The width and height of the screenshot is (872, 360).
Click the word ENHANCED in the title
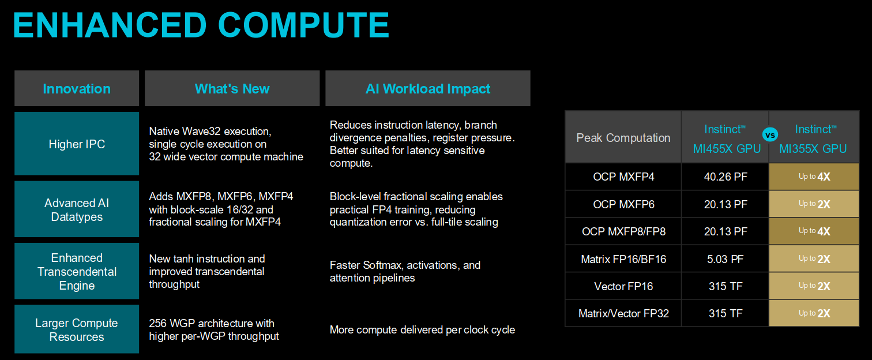(x=110, y=25)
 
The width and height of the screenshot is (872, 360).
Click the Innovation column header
(x=77, y=88)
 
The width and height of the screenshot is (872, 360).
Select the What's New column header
(x=232, y=88)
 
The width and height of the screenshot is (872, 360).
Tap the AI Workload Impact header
(x=428, y=88)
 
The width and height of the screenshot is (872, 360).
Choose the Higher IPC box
(x=77, y=144)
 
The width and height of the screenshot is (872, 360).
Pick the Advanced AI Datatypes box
(x=77, y=209)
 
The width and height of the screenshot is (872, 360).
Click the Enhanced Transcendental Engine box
(x=77, y=271)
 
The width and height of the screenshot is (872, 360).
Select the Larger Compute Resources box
(x=77, y=329)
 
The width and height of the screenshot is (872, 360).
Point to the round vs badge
(x=770, y=135)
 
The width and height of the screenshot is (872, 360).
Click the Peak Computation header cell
(x=623, y=137)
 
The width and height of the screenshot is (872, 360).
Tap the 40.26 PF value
(x=726, y=177)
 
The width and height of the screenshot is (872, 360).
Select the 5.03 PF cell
(x=726, y=258)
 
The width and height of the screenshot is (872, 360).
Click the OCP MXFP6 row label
(x=623, y=204)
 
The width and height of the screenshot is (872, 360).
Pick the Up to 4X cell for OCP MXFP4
(x=814, y=177)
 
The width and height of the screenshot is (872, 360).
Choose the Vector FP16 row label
(x=623, y=286)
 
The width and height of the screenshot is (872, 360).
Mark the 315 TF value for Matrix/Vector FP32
(x=726, y=313)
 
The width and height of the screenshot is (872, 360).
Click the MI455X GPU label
(x=727, y=148)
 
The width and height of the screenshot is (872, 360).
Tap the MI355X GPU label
(x=813, y=148)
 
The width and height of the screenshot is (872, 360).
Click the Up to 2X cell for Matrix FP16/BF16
(x=814, y=258)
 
